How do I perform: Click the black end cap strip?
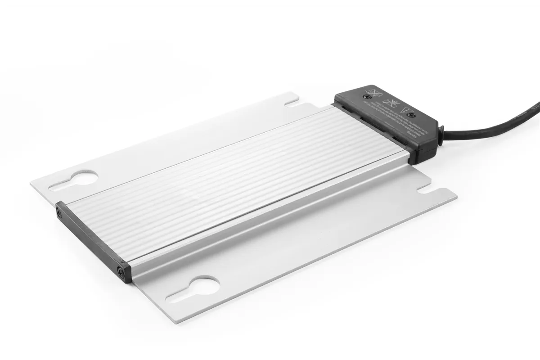(x=92, y=241)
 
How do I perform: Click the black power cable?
(x=495, y=121)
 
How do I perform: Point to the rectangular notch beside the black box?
(x=292, y=104)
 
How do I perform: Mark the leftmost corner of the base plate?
(x=31, y=183)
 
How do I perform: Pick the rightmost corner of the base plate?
(x=457, y=197)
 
